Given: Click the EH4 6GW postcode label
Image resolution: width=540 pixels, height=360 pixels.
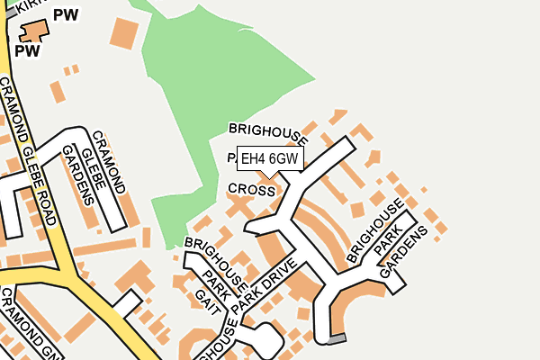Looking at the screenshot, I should (269, 159).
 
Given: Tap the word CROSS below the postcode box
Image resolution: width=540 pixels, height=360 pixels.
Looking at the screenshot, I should (251, 190).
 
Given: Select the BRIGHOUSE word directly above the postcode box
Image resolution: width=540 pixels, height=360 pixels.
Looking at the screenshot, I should (268, 133).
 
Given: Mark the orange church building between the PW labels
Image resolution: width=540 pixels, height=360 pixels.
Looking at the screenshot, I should (34, 31).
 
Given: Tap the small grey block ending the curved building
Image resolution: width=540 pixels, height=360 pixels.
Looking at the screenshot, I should (336, 339).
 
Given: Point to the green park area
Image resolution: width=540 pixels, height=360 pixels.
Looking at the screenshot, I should (225, 90).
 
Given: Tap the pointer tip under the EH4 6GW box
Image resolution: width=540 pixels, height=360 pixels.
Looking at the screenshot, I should (269, 176).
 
